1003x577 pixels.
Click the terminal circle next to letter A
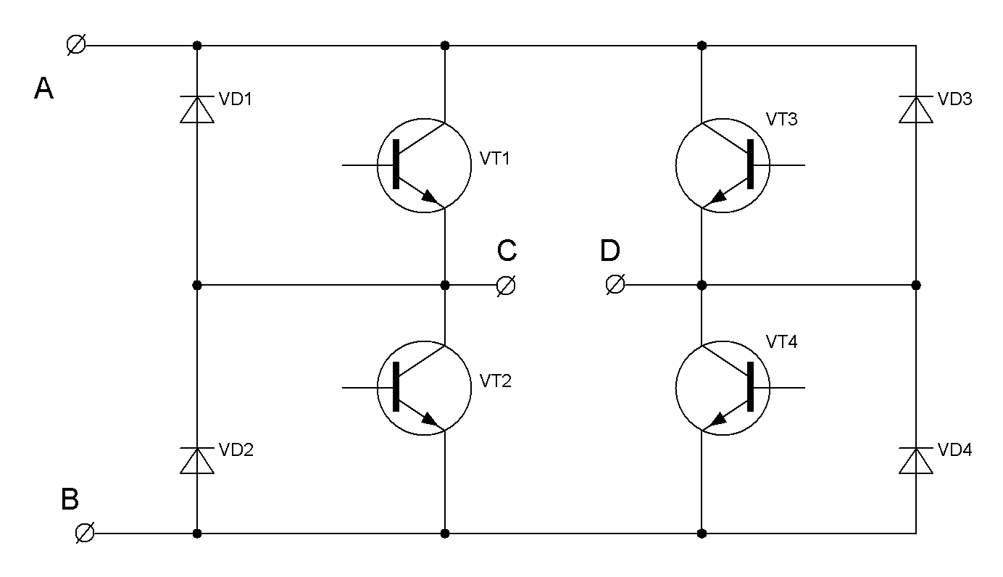point(75,45)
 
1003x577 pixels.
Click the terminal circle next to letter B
point(85,534)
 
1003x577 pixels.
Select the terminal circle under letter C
point(506,286)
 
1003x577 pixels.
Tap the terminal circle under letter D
point(615,286)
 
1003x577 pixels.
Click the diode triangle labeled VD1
point(196,109)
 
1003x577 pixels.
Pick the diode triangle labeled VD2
point(196,461)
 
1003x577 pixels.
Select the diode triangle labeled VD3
point(916,109)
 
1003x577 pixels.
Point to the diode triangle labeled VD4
point(916,461)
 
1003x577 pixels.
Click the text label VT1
point(495,158)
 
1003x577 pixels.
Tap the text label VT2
point(495,381)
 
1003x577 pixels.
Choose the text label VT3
point(781,119)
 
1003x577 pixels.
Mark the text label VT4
point(781,342)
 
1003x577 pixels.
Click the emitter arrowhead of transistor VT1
point(430,196)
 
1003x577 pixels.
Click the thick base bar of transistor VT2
point(396,388)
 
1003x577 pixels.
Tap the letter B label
point(70,499)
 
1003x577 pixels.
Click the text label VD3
point(954,99)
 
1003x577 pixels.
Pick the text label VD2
point(236,450)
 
